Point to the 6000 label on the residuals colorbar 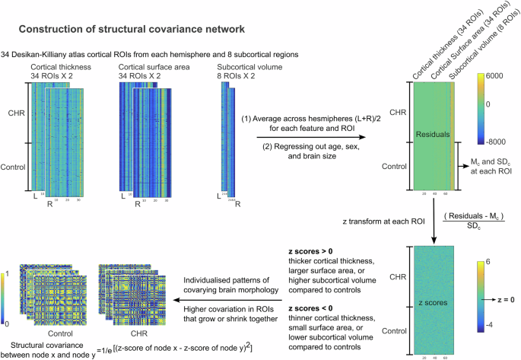(497, 78)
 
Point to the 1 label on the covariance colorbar (6, 272)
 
